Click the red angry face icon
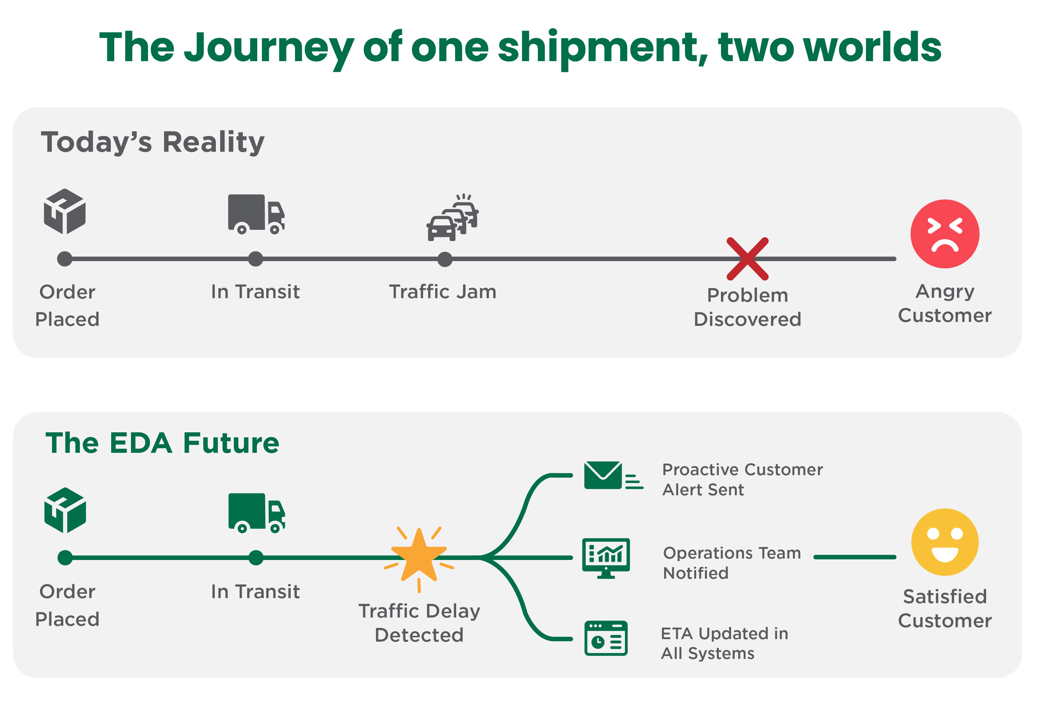[944, 234]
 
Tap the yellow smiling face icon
[944, 542]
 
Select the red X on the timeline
[747, 259]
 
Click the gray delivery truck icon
[256, 214]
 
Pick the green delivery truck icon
[256, 513]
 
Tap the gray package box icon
[65, 211]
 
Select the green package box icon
[65, 510]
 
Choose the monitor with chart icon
[606, 558]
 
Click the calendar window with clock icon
[606, 638]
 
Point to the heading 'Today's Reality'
[153, 142]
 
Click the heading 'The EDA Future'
[162, 443]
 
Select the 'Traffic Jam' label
[443, 292]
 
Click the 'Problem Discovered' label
[747, 307]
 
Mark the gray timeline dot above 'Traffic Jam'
[444, 259]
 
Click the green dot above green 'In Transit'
[256, 557]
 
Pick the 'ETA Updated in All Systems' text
[724, 643]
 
